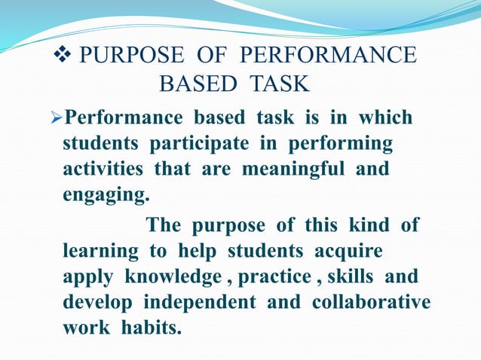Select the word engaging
click(106, 194)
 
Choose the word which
click(385, 118)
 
